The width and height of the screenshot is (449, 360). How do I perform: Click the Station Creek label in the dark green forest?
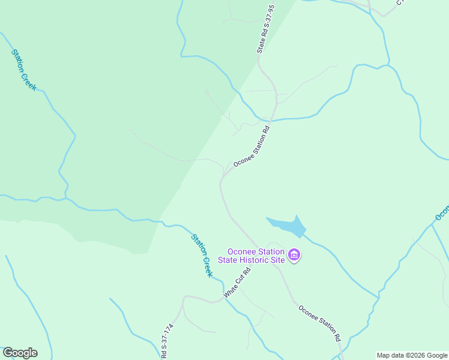point(24,70)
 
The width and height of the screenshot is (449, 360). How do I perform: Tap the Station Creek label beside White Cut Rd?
point(202,255)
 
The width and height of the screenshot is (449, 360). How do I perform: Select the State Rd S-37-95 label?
point(265,29)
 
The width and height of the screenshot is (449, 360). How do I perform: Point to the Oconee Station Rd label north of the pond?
point(252,145)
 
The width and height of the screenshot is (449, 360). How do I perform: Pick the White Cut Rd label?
point(237,283)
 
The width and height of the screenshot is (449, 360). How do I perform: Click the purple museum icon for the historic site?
point(294,256)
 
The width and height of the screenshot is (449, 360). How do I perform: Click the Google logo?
point(20,353)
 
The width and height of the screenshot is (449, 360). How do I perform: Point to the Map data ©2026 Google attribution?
point(412,355)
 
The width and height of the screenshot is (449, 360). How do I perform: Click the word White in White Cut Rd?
point(229,291)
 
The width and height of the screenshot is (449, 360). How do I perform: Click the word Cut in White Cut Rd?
point(238,281)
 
